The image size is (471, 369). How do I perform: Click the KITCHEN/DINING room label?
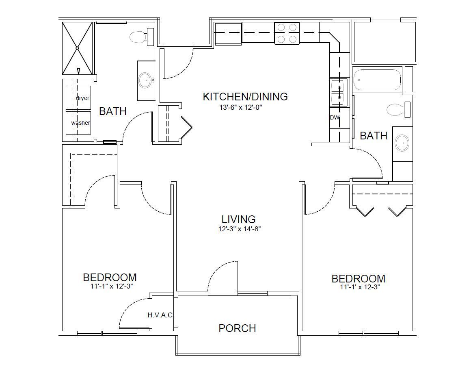pos(245,97)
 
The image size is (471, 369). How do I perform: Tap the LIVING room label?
pos(238,219)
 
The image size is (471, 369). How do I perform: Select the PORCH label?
pos(237,328)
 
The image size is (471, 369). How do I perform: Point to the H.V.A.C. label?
pos(161,315)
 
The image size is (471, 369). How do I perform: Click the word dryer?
pos(82,98)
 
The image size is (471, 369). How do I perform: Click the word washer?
pos(80,123)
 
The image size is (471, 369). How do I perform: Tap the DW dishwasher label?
pos(335,117)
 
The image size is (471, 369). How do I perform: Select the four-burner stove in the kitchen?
pos(287,33)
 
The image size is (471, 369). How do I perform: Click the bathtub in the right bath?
pos(377,80)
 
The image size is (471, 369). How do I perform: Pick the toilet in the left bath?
pos(142,37)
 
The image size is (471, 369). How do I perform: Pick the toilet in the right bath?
pos(399,110)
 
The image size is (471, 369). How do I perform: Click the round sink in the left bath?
pos(145,80)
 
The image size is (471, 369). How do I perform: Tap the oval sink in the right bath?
pos(402,143)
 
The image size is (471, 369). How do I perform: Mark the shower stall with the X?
pos(77,48)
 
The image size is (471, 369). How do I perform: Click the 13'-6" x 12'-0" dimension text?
pos(241,107)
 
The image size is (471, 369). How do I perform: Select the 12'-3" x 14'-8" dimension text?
pos(239,229)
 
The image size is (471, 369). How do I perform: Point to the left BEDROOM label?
pos(110,277)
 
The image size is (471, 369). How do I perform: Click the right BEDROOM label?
pos(359,279)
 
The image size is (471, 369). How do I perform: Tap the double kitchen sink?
pos(339,92)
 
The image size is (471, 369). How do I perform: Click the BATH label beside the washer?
pos(112,111)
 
